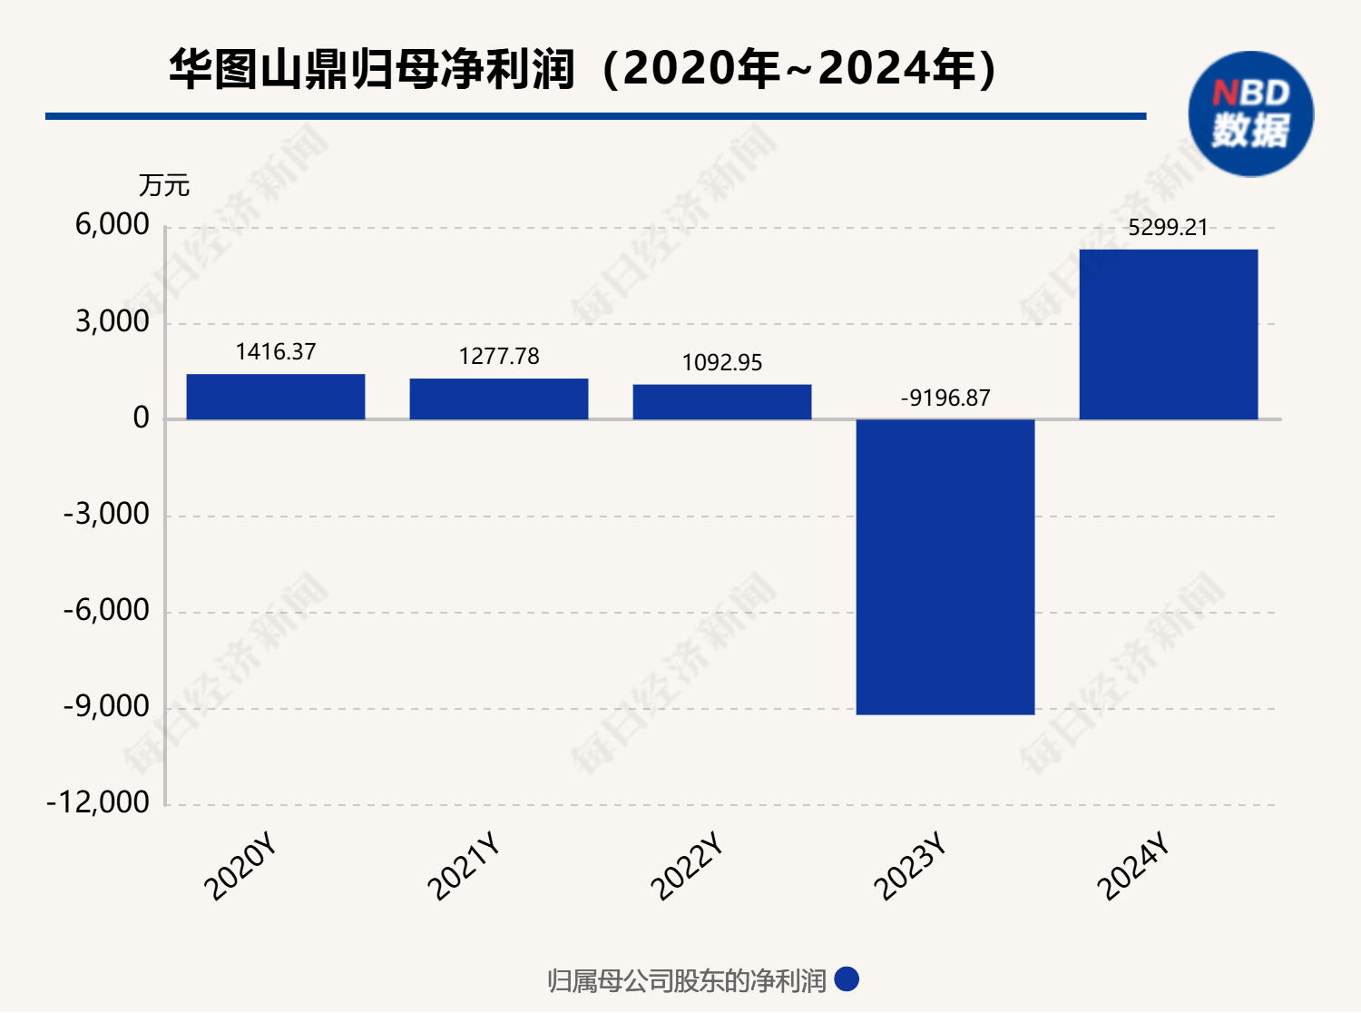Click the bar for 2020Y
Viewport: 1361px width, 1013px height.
coord(276,397)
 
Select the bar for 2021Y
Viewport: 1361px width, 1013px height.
coord(499,399)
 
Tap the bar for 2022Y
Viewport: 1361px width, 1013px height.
coord(722,402)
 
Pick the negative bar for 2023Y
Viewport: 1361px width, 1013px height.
coord(945,566)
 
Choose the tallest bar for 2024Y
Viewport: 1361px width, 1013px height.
coord(1169,334)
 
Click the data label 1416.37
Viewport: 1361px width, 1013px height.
coord(276,352)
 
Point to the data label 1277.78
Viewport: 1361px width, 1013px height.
coord(499,356)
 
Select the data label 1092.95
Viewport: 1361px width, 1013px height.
coord(722,363)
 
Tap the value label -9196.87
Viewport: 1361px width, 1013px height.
coord(945,398)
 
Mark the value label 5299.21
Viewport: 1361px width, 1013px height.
coord(1169,228)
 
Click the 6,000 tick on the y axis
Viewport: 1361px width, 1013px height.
coord(113,225)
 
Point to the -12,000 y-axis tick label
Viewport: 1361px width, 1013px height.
coord(98,803)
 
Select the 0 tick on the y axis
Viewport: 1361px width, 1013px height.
coord(141,418)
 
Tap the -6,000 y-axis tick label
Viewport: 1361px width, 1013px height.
coord(106,611)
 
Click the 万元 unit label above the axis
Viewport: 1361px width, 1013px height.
coord(164,186)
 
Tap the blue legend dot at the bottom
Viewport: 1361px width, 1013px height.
coord(847,980)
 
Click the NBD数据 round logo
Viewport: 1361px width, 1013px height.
coord(1251,113)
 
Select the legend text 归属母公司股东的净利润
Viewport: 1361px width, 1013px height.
coord(687,981)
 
